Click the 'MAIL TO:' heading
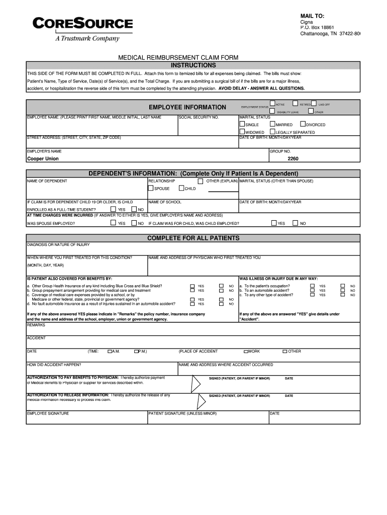312,16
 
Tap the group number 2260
293,158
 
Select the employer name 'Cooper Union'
43,158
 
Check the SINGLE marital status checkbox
242,124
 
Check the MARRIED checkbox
272,124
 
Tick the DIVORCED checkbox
303,124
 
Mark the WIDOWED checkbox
242,132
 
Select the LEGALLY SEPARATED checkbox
272,132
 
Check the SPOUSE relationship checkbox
150,189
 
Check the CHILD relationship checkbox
181,189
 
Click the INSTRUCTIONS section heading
193,65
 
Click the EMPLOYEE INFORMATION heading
187,107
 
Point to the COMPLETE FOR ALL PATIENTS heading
193,237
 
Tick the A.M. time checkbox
110,351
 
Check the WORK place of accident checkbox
246,351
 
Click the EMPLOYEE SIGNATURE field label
48,413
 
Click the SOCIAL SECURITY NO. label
199,117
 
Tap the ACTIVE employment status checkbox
272,104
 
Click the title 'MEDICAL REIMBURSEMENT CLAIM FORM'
178,58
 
